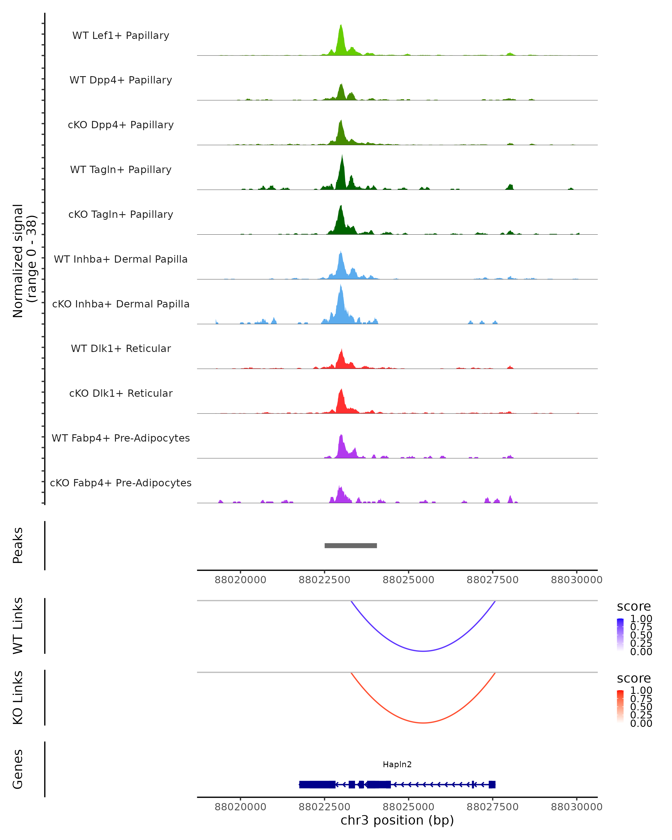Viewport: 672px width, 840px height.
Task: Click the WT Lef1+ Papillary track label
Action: click(121, 36)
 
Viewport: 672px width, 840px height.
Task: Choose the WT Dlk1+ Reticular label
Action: click(121, 348)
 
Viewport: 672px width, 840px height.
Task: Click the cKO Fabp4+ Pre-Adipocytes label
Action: click(121, 483)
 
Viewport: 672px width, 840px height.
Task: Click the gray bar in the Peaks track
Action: click(351, 545)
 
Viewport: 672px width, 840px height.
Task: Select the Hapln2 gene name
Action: click(397, 764)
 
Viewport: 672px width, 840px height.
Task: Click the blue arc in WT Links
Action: click(423, 651)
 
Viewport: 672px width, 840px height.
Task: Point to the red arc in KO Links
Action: click(423, 723)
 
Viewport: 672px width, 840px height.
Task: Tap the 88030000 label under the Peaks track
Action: click(577, 580)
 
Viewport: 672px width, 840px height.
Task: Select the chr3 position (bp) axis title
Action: click(397, 820)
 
